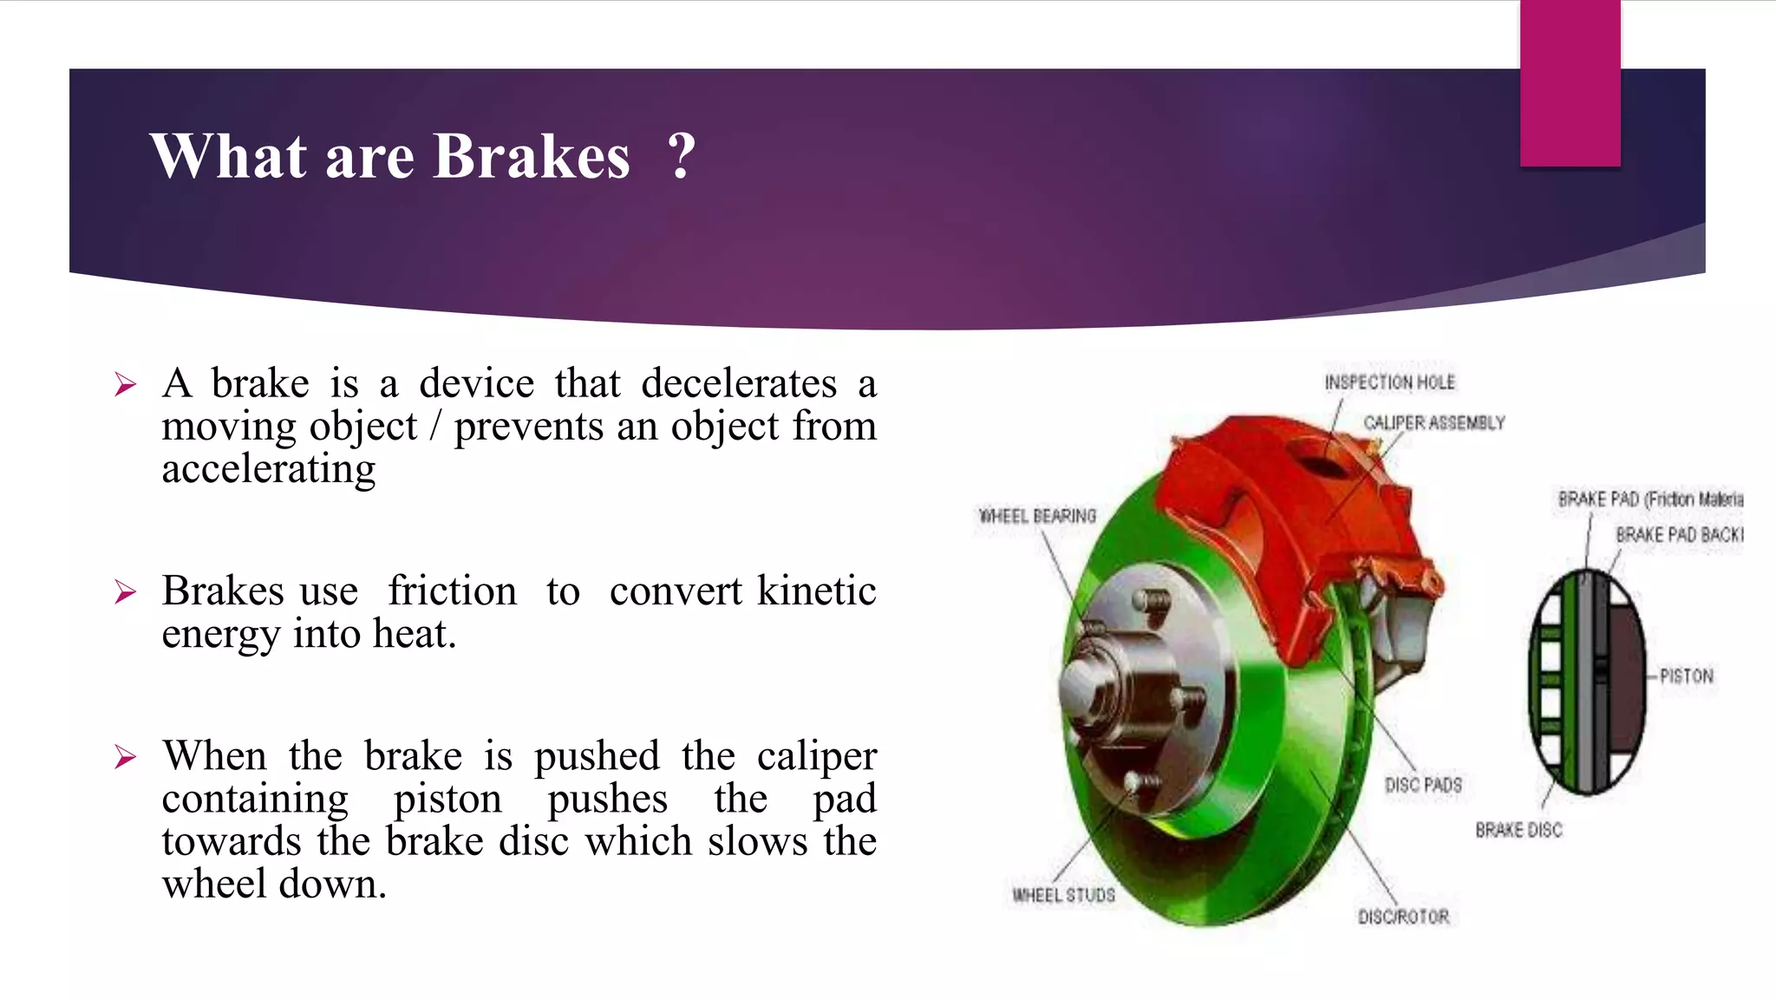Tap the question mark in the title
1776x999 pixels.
682,157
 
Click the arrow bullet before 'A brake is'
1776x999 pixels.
126,384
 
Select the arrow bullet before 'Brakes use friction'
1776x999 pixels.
126,592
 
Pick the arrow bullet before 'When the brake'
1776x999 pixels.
126,757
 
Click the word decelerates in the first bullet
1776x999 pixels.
739,384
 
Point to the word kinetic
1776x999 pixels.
816,591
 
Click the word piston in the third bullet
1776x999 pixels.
447,799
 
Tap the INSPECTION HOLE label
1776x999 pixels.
1389,382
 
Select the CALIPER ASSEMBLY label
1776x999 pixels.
1433,423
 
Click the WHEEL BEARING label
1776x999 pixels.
1037,516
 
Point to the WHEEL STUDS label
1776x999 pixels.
1063,895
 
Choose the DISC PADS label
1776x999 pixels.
1423,785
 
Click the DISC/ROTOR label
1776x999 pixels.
1403,917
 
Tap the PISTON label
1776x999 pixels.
1686,676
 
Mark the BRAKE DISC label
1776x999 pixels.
1518,830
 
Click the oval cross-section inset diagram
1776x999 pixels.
1586,682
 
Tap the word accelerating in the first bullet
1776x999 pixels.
269,469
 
